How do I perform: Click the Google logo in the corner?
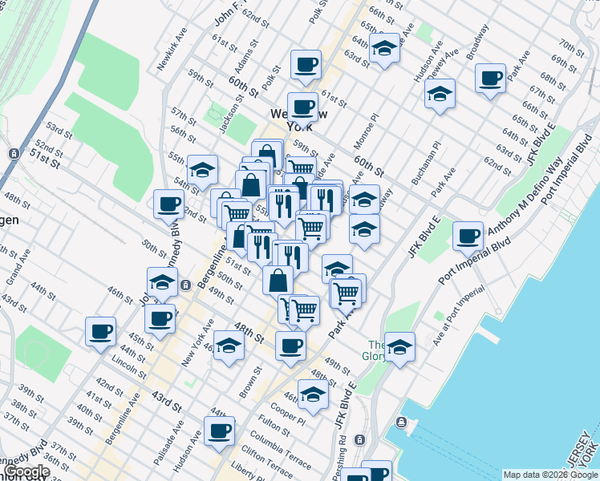[26, 472]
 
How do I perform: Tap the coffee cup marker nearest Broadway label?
[490, 79]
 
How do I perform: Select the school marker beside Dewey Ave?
[440, 93]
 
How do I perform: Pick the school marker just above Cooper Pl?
[313, 393]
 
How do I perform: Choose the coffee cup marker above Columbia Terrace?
[219, 430]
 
